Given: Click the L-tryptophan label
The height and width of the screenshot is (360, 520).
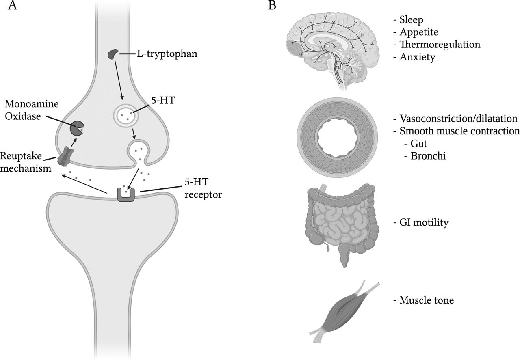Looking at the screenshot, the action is [167, 54].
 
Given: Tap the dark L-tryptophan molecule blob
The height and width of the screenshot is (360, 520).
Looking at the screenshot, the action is [113, 54].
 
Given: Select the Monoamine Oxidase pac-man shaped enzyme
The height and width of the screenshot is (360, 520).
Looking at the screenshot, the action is [77, 128].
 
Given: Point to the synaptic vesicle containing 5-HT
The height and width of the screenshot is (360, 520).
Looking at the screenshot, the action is [126, 115].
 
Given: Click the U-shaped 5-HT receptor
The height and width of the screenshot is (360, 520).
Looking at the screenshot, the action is [126, 195].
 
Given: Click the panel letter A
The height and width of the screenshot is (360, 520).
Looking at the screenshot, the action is [13, 6].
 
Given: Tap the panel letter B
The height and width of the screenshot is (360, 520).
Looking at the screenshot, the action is [272, 5].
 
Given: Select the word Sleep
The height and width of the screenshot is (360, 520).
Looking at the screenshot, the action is [411, 20].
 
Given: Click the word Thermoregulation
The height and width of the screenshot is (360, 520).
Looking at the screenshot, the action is [440, 44].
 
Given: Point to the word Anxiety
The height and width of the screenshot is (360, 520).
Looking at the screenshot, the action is [417, 57].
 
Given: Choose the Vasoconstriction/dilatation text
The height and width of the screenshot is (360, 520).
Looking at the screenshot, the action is [458, 119].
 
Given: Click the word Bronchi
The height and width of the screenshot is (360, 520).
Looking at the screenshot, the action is [428, 156].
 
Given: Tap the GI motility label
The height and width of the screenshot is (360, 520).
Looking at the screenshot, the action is [424, 222].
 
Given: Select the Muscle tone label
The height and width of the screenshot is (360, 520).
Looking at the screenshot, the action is [427, 300].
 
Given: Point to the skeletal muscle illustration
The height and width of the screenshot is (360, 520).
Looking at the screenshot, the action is [344, 311].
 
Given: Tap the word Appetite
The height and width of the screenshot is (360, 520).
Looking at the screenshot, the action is [419, 32].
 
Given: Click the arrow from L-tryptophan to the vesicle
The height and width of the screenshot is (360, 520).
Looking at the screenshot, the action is [119, 80].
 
